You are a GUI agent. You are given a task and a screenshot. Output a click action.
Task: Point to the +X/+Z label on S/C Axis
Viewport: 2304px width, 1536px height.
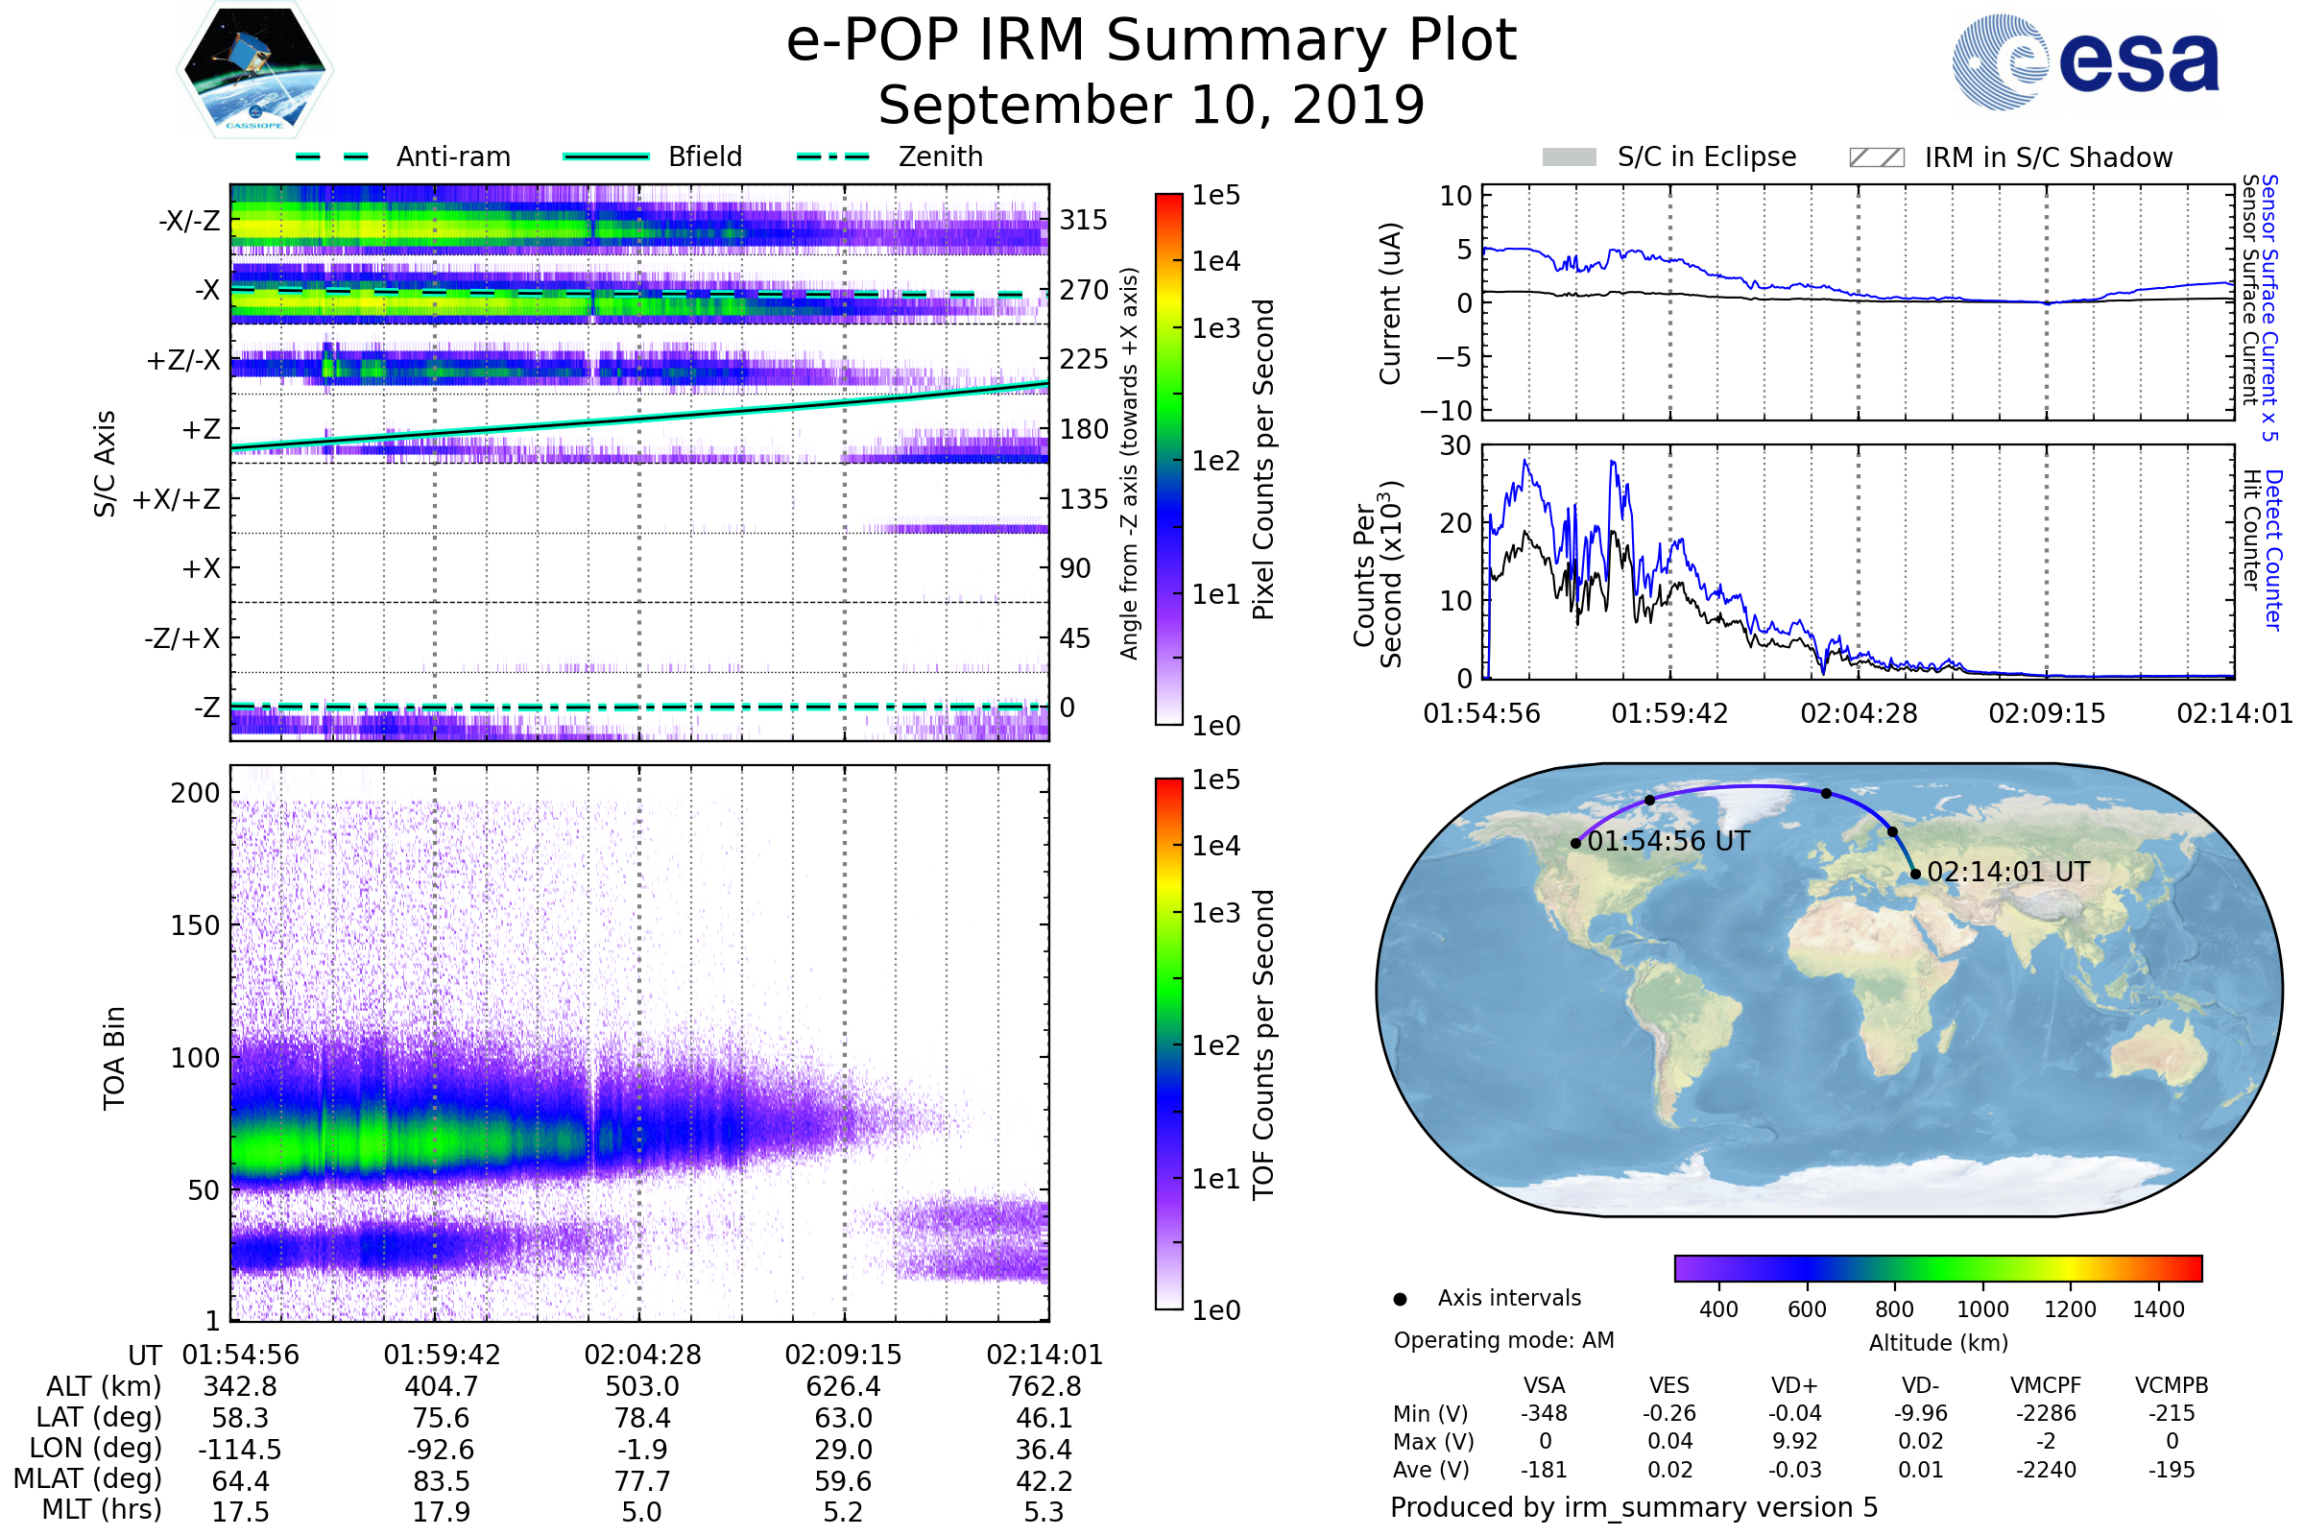coord(177,499)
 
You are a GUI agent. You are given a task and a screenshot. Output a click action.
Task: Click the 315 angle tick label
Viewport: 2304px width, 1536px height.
coord(1084,220)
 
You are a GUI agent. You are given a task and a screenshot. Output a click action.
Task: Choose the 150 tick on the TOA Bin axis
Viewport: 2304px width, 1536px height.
coord(195,925)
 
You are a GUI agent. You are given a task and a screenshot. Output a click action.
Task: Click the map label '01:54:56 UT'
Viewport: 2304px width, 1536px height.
coord(1668,842)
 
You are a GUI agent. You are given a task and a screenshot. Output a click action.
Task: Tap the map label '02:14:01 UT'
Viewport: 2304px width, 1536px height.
coord(2007,872)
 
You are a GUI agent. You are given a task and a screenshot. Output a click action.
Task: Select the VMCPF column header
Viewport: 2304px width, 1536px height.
coord(2046,1386)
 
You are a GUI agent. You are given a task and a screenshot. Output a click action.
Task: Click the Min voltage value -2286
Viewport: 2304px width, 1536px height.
coord(2046,1413)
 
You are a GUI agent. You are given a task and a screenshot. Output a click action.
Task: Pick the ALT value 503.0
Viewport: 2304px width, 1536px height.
coord(641,1387)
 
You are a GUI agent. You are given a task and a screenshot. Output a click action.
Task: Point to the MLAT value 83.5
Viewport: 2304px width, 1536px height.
coord(441,1481)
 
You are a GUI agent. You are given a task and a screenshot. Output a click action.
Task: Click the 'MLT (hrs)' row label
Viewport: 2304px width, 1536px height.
coord(102,1509)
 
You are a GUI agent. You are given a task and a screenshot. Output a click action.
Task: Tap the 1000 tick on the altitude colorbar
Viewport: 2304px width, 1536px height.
coord(1981,1309)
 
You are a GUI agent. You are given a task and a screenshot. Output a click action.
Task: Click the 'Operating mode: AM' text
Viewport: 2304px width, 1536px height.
coord(1503,1340)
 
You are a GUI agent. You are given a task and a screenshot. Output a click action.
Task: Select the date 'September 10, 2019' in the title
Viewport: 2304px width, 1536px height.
coord(1151,105)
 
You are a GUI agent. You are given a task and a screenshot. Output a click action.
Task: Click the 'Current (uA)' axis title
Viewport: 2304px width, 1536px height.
coord(1390,302)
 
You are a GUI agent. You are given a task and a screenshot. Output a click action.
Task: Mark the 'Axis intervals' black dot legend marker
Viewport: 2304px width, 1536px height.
coord(1400,1299)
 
